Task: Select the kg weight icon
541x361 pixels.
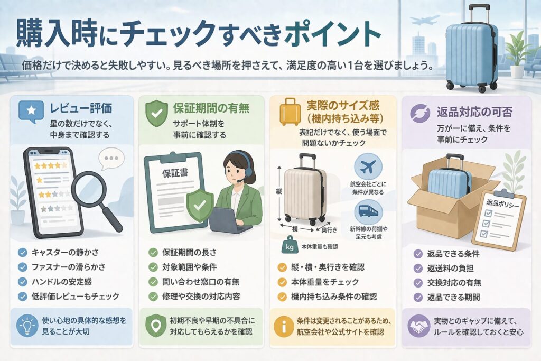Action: click(290, 246)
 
